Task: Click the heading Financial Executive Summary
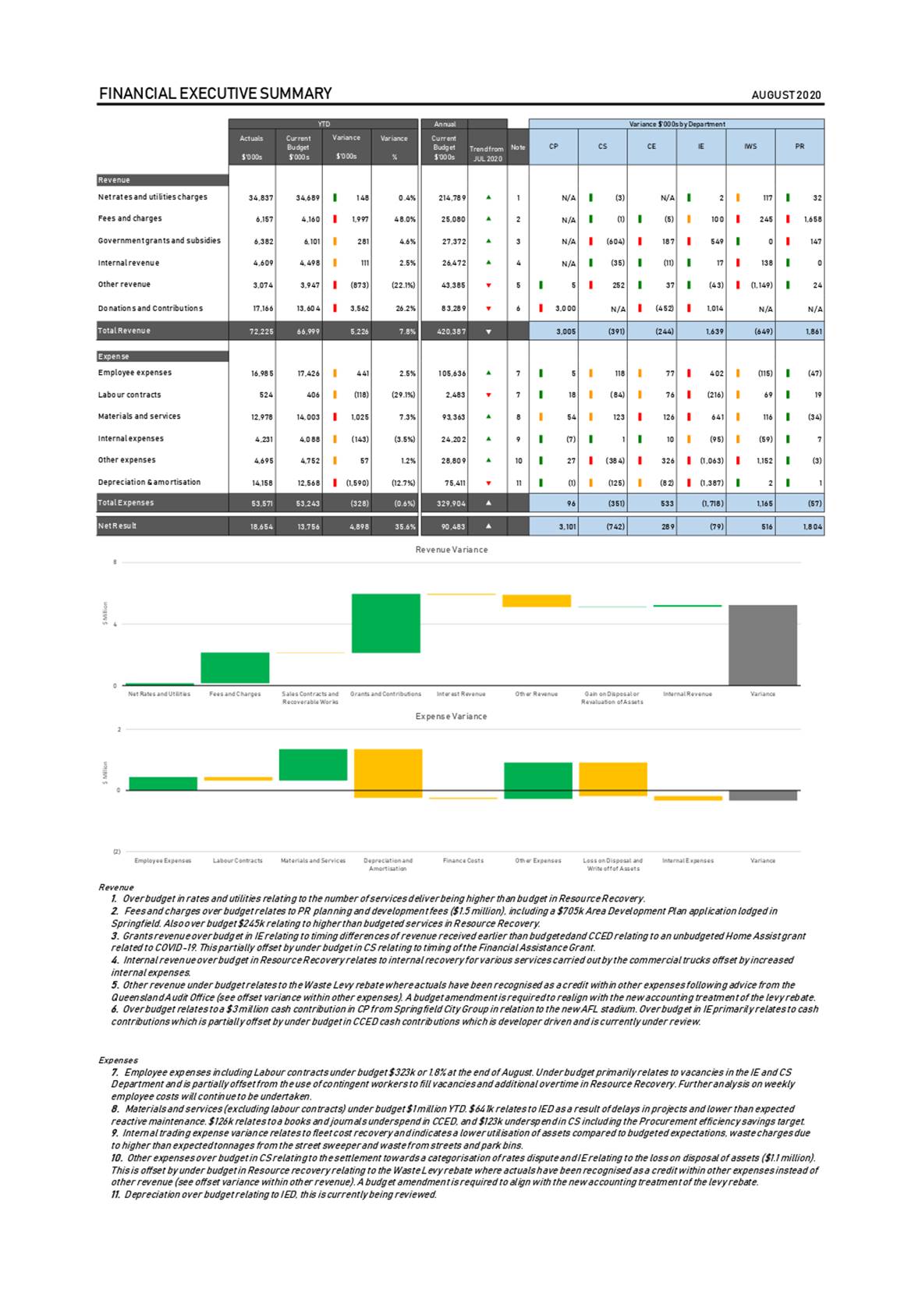tap(215, 94)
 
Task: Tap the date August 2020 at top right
tap(786, 95)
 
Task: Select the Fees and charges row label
tap(129, 219)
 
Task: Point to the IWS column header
tap(750, 146)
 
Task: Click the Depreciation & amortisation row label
tap(149, 483)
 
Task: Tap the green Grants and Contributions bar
tap(385, 623)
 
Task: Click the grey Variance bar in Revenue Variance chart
tap(762, 645)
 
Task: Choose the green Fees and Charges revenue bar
tap(235, 667)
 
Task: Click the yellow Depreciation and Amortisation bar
tap(388, 773)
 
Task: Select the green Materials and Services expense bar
tap(313, 764)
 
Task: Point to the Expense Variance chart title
tap(451, 717)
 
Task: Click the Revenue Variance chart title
tap(452, 550)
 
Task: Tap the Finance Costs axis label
tap(463, 861)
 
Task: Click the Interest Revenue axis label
tap(461, 694)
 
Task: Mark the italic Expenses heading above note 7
tap(118, 1060)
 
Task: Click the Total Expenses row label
tap(126, 503)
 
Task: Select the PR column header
tap(800, 146)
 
